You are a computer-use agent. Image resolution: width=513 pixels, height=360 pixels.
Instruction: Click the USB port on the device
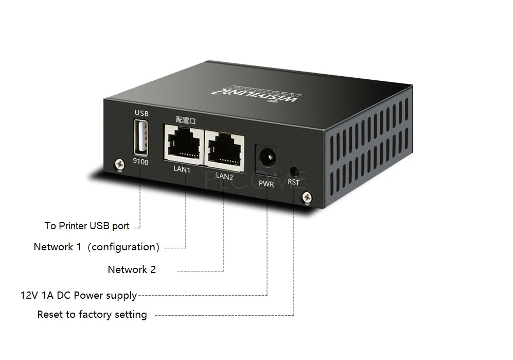pos(140,137)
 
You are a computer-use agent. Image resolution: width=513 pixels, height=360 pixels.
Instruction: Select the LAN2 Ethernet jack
pos(225,147)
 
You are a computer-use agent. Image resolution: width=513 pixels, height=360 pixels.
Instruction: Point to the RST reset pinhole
pos(293,170)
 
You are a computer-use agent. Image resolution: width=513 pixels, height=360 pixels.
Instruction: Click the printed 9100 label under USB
pos(140,162)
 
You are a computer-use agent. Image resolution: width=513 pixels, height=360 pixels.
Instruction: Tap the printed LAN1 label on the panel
pos(182,169)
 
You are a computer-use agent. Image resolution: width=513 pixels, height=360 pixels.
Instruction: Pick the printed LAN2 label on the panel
pos(225,176)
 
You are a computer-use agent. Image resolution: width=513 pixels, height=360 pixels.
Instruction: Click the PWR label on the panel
pos(266,183)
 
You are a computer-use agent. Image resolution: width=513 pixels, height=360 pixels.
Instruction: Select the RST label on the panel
pos(293,182)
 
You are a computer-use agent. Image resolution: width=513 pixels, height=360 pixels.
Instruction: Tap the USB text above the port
pos(141,113)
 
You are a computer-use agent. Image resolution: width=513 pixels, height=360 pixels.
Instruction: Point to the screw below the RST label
pos(307,196)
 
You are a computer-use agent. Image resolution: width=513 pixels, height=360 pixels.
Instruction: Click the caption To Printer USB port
pos(86,226)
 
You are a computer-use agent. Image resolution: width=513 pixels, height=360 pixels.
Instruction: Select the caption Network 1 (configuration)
pos(96,247)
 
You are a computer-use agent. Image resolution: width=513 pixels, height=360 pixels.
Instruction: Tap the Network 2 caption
pos(132,269)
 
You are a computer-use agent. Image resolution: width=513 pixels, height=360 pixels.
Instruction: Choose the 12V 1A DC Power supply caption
pos(79,295)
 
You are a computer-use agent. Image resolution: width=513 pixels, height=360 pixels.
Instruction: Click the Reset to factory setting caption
pos(92,314)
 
